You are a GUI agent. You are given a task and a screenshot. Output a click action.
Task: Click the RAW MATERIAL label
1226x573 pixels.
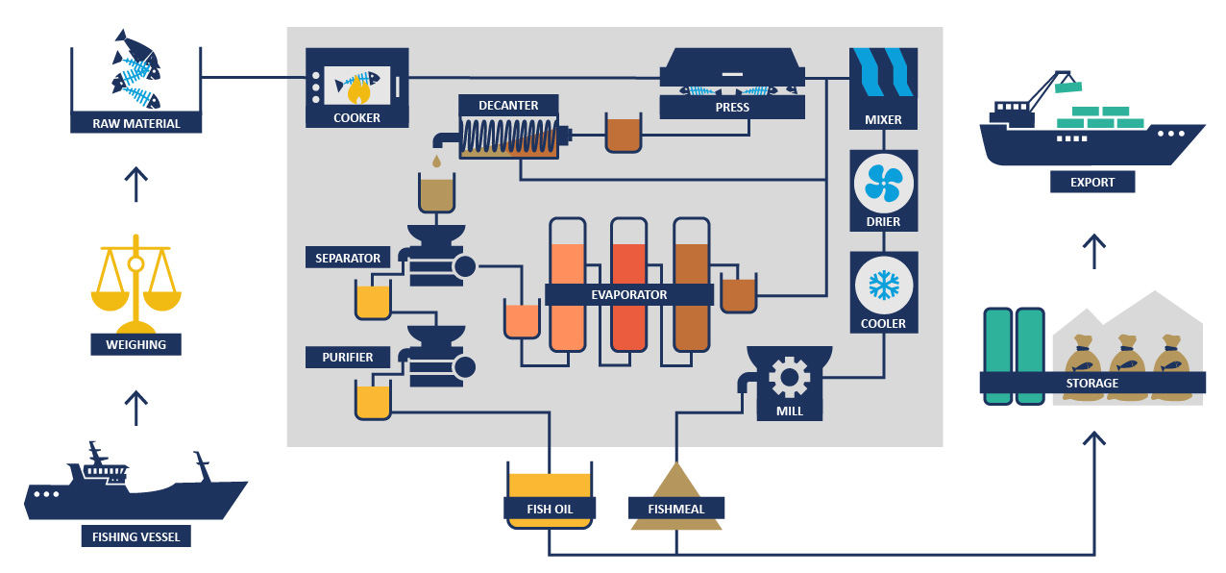[136, 123]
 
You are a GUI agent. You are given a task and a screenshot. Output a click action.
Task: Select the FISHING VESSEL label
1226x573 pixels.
[135, 536]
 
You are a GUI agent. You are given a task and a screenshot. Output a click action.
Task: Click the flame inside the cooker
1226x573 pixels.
[356, 91]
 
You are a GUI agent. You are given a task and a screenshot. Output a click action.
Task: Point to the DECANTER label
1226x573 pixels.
[510, 105]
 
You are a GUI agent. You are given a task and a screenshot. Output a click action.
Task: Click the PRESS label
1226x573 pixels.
[732, 107]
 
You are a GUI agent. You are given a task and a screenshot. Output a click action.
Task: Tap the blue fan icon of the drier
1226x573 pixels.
[883, 184]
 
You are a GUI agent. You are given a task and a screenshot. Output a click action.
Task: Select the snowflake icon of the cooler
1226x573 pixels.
[883, 285]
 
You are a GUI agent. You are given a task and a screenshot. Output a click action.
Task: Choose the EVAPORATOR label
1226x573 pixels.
[629, 295]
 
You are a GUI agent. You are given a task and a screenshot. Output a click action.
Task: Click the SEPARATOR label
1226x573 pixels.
[348, 258]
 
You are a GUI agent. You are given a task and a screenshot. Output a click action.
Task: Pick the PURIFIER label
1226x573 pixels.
[341, 358]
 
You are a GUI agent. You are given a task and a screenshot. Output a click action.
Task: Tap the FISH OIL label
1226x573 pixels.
[550, 508]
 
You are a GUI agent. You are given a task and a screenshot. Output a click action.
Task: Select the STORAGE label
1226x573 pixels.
[1091, 383]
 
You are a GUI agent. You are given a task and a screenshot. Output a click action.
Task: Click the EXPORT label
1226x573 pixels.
[1092, 181]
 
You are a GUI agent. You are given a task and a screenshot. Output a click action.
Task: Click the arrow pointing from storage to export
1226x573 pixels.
[1092, 251]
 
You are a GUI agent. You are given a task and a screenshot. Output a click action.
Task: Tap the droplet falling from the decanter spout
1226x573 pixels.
[437, 160]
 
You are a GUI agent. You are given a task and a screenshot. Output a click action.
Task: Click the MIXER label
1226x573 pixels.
[883, 120]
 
